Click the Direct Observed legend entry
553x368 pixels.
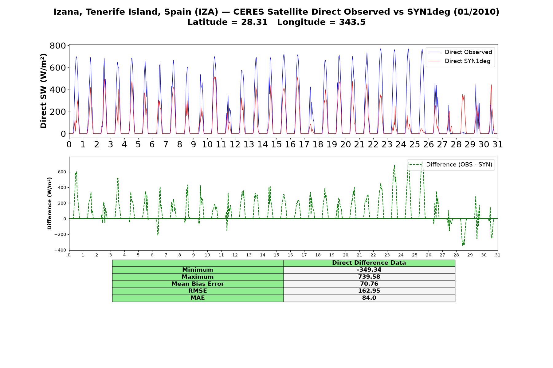tap(460, 52)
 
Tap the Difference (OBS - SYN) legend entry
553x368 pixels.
tap(451, 165)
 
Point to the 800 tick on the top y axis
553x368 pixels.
tap(58, 46)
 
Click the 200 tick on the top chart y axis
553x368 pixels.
tap(58, 112)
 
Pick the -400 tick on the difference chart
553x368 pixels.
tap(61, 250)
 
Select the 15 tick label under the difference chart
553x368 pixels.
tap(276, 255)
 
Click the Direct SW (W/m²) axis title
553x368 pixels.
tap(44, 91)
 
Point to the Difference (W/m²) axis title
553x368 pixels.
tap(49, 203)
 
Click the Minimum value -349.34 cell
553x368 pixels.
tap(369, 270)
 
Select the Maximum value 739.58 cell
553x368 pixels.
tap(369, 277)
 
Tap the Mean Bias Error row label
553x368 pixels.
tap(198, 284)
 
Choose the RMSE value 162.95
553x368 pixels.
tap(369, 291)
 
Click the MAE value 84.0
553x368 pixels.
tap(369, 298)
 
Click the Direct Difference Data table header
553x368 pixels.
tap(369, 263)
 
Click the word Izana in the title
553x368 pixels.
tap(66, 12)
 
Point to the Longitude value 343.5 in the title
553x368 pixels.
tap(352, 22)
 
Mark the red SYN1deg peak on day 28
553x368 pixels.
tap(463, 94)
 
